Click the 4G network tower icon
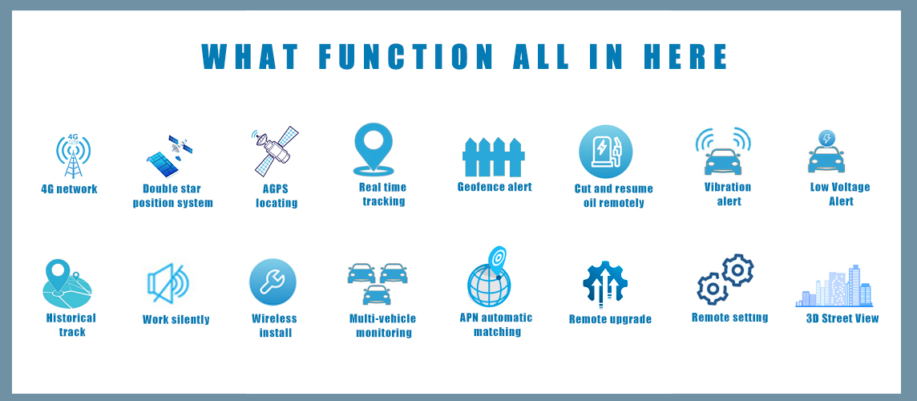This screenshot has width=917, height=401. pos(74,156)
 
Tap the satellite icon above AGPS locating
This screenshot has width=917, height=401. pos(276,151)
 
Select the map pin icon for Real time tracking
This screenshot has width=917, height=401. pos(374,149)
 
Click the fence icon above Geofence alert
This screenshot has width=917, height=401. pos(494,157)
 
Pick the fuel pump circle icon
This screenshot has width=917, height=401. pos(606,152)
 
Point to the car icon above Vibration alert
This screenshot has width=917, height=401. pos(723,161)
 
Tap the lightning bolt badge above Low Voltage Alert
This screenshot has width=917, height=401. pos(826,139)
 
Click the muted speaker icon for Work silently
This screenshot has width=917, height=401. pos(168,283)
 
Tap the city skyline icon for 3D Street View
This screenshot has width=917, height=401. pos(834,286)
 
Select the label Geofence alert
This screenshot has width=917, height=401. pos(495,188)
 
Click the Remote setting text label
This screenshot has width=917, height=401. pos(730,318)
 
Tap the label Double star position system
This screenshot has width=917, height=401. pos(172,196)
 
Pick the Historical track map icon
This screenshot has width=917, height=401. pos(67,284)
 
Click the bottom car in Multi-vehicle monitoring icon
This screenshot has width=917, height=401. pos(377,295)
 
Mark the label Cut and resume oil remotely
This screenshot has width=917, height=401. pos(613,196)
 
